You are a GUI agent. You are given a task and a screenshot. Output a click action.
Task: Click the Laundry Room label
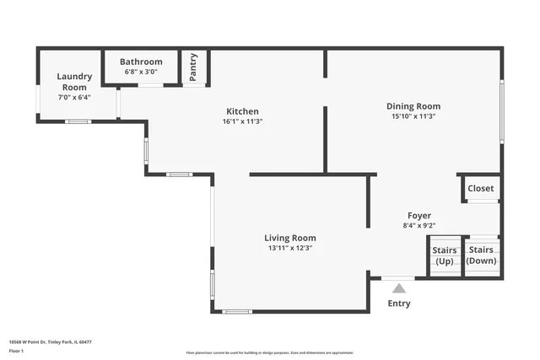tap(73, 82)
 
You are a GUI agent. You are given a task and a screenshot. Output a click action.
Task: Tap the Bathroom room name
tap(141, 62)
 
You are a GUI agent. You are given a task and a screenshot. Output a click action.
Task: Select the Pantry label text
tap(194, 66)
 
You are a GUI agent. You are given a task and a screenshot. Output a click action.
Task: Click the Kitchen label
tap(242, 111)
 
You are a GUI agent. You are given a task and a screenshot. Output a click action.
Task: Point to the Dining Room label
tap(413, 106)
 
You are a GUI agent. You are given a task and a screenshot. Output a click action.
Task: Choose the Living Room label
tap(290, 238)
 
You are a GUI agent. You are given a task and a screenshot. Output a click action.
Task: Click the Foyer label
tap(419, 216)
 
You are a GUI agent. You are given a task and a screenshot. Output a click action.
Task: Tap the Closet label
tap(481, 188)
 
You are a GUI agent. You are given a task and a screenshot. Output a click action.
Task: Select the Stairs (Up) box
tap(445, 255)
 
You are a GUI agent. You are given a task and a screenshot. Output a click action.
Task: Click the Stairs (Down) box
tap(481, 255)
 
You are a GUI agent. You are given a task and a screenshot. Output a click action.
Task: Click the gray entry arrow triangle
tap(399, 288)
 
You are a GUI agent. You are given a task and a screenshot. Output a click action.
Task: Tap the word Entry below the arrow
tap(399, 304)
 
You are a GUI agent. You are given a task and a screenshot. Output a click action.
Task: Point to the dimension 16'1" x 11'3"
tap(242, 121)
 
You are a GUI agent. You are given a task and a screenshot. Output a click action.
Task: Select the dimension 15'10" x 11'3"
tap(413, 116)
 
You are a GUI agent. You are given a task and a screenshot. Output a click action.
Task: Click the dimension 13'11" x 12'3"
tap(290, 248)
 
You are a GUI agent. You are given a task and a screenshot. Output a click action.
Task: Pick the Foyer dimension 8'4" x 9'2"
tap(419, 226)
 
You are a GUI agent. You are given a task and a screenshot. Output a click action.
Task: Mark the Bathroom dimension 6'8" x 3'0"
tap(141, 72)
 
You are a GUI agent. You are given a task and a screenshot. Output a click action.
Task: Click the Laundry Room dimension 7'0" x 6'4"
tap(73, 97)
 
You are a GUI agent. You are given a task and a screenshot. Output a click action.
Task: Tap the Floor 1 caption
tap(16, 351)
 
